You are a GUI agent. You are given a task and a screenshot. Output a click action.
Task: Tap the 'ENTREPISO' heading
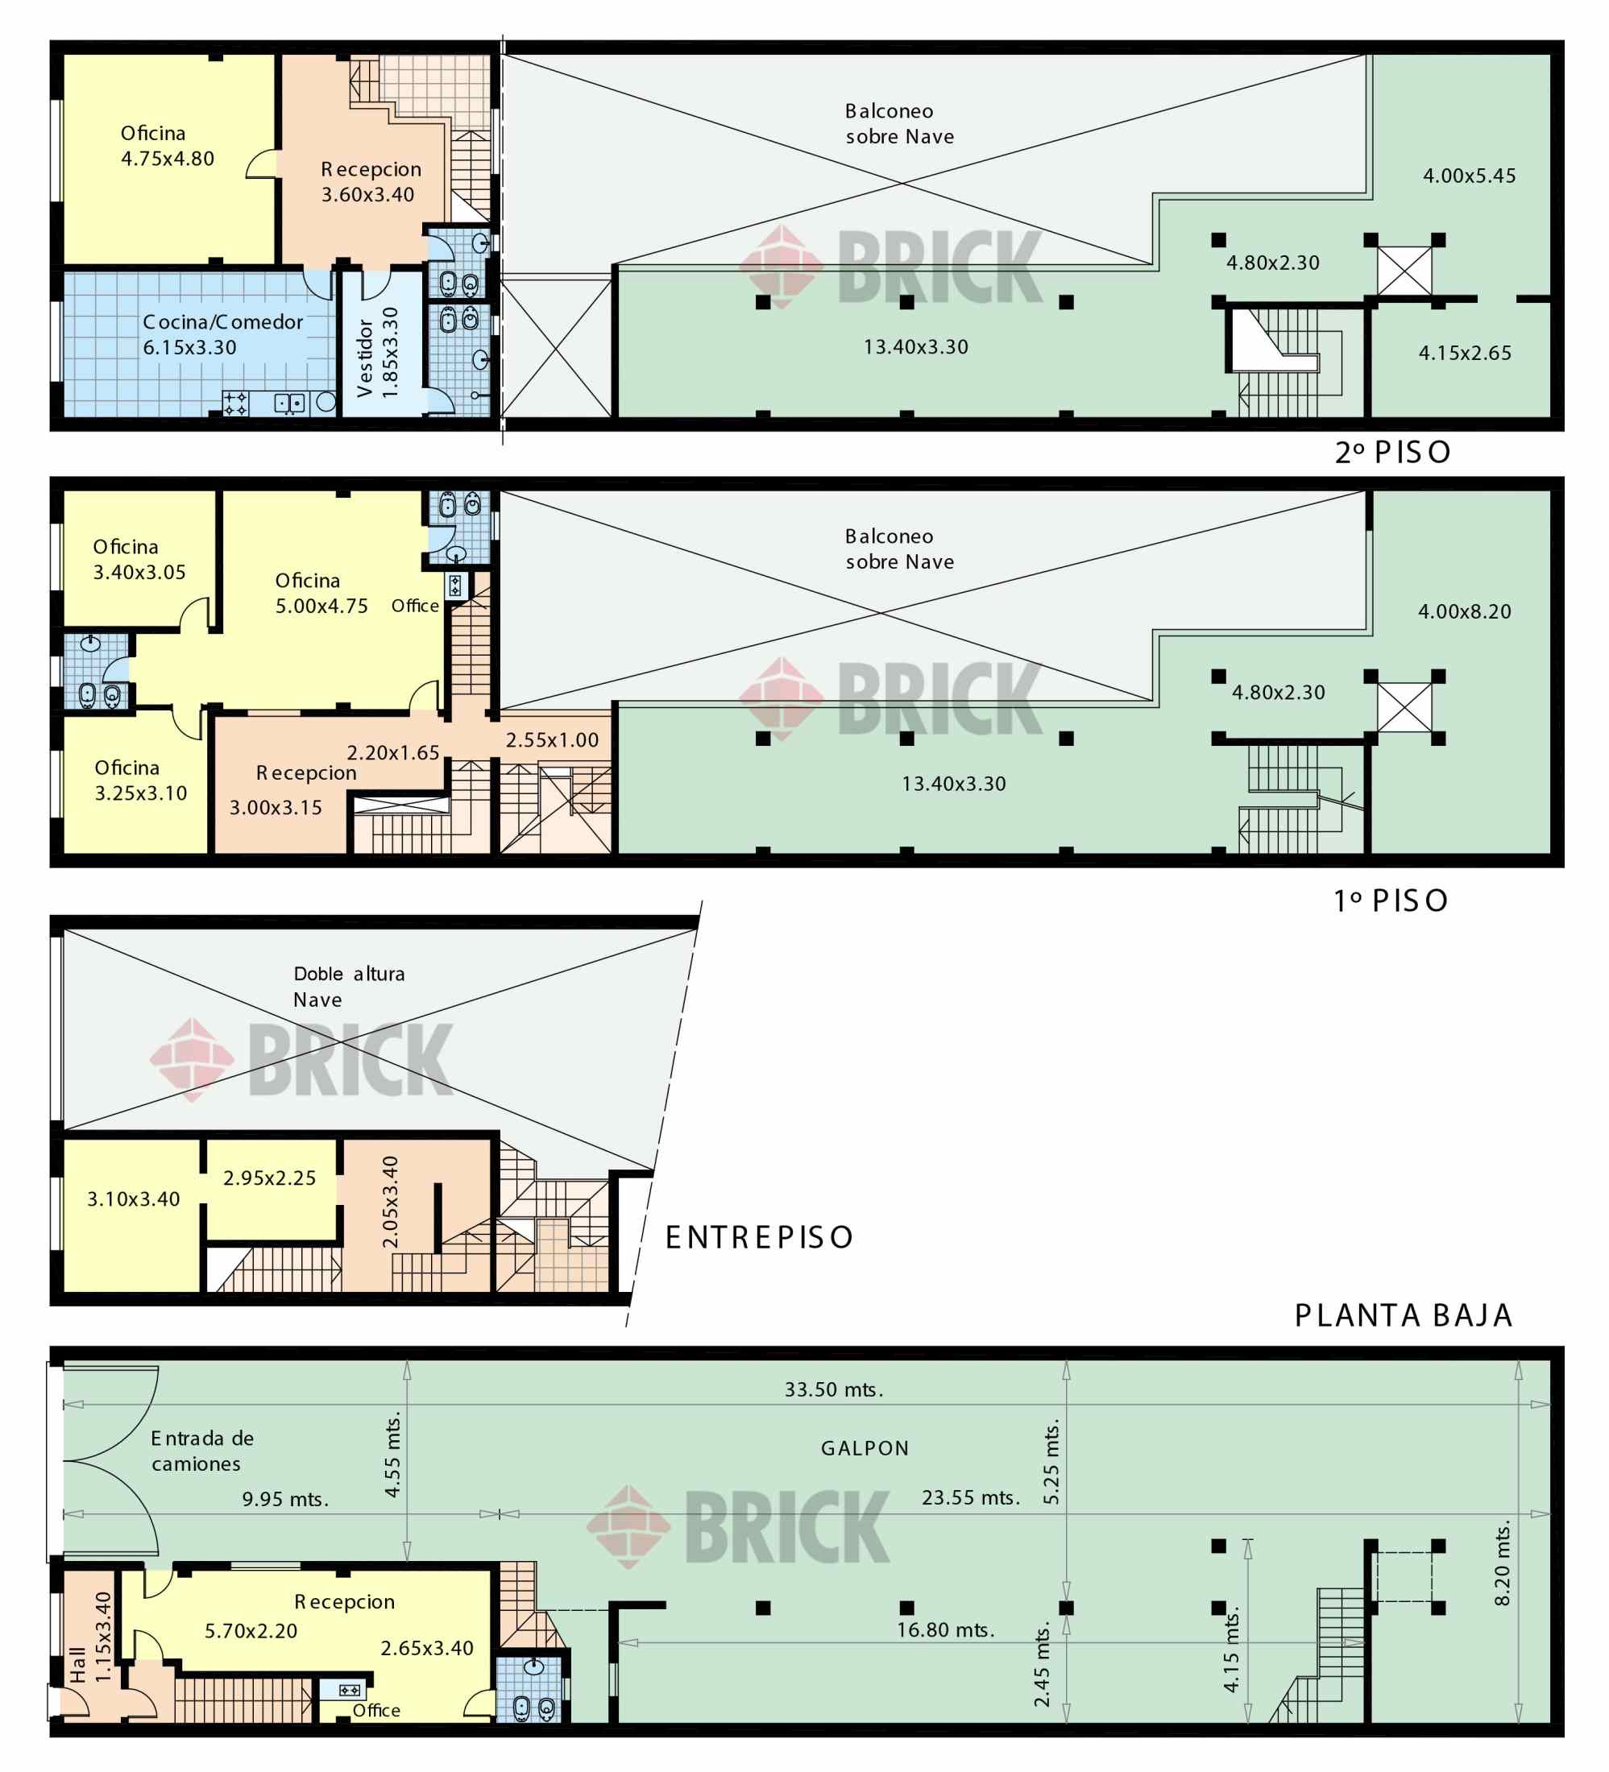tap(759, 1238)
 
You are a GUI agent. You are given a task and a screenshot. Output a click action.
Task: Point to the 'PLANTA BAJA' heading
tap(1404, 1316)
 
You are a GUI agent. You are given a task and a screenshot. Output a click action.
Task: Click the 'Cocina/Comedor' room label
tap(222, 322)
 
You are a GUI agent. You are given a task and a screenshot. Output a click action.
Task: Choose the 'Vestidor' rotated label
tap(366, 358)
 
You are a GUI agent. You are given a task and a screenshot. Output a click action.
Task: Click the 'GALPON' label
tap(865, 1448)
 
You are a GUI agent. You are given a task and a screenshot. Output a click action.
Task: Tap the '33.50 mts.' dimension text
tap(834, 1389)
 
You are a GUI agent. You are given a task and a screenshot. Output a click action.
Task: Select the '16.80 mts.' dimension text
tap(945, 1630)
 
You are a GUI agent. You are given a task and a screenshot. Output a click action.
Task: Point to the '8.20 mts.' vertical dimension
tap(1503, 1563)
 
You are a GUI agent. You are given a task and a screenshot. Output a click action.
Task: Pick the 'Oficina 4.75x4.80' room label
tap(167, 146)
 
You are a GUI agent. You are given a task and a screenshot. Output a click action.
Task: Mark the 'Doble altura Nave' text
tap(349, 987)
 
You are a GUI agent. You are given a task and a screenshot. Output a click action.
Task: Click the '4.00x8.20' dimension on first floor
tap(1464, 612)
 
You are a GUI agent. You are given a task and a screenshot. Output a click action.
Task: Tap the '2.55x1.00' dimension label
tap(552, 740)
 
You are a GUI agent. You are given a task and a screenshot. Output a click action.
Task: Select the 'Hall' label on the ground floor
tap(78, 1665)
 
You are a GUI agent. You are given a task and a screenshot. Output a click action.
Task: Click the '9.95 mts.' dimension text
tap(286, 1500)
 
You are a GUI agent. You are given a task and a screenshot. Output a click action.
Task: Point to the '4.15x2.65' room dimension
tap(1465, 354)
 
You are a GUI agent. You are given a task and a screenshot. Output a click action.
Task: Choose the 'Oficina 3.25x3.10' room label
tap(141, 780)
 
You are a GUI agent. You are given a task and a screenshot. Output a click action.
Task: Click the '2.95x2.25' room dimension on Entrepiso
tap(269, 1178)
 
